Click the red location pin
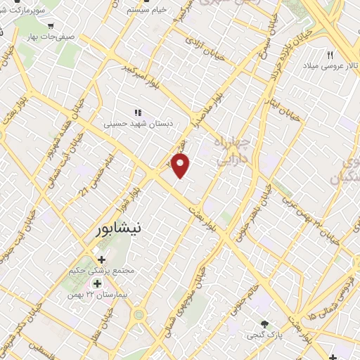pos(181,165)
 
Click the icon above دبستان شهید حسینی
pos(138,112)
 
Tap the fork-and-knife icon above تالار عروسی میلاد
pos(329,54)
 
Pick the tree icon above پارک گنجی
pos(264,325)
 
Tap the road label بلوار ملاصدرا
pos(212,106)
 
